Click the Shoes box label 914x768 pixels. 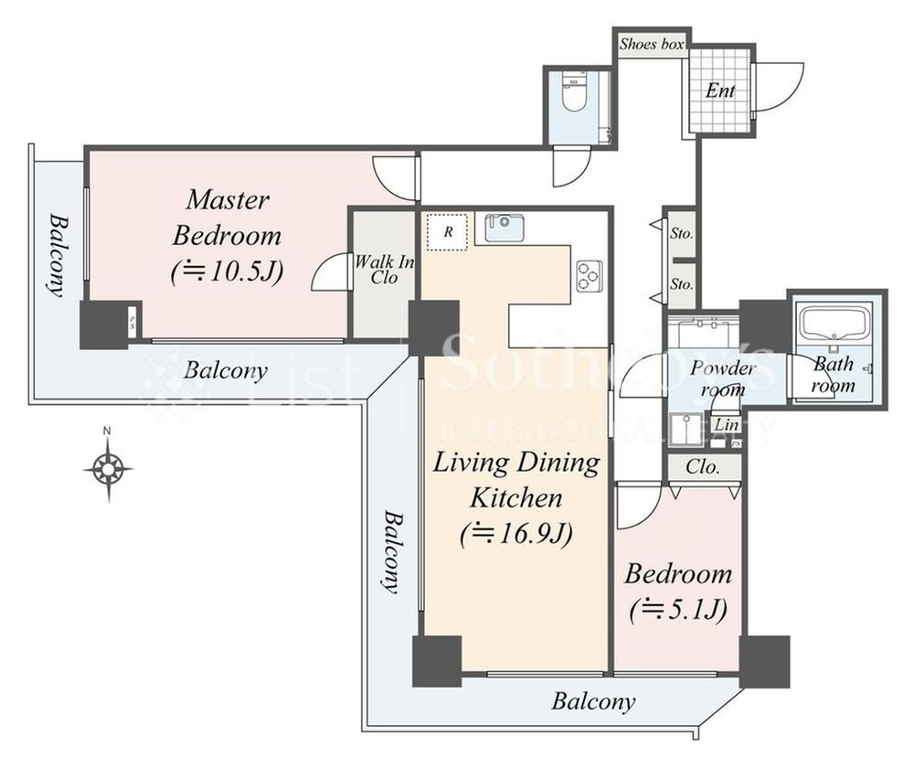pos(652,44)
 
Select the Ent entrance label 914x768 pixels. pos(719,91)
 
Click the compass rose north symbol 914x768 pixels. pos(108,469)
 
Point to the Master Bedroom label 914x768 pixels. pos(228,218)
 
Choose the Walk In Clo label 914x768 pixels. pos(384,270)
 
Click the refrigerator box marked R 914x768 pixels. pos(448,230)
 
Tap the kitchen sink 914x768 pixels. pos(504,227)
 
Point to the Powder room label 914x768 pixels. pos(722,378)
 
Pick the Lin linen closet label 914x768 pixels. pos(727,425)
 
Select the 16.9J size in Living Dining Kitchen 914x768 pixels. pos(517,532)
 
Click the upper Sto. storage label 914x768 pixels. pos(681,234)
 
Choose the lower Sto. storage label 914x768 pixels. pos(681,284)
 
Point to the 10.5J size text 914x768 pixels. pos(228,272)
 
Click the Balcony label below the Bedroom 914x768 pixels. pos(592,702)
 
